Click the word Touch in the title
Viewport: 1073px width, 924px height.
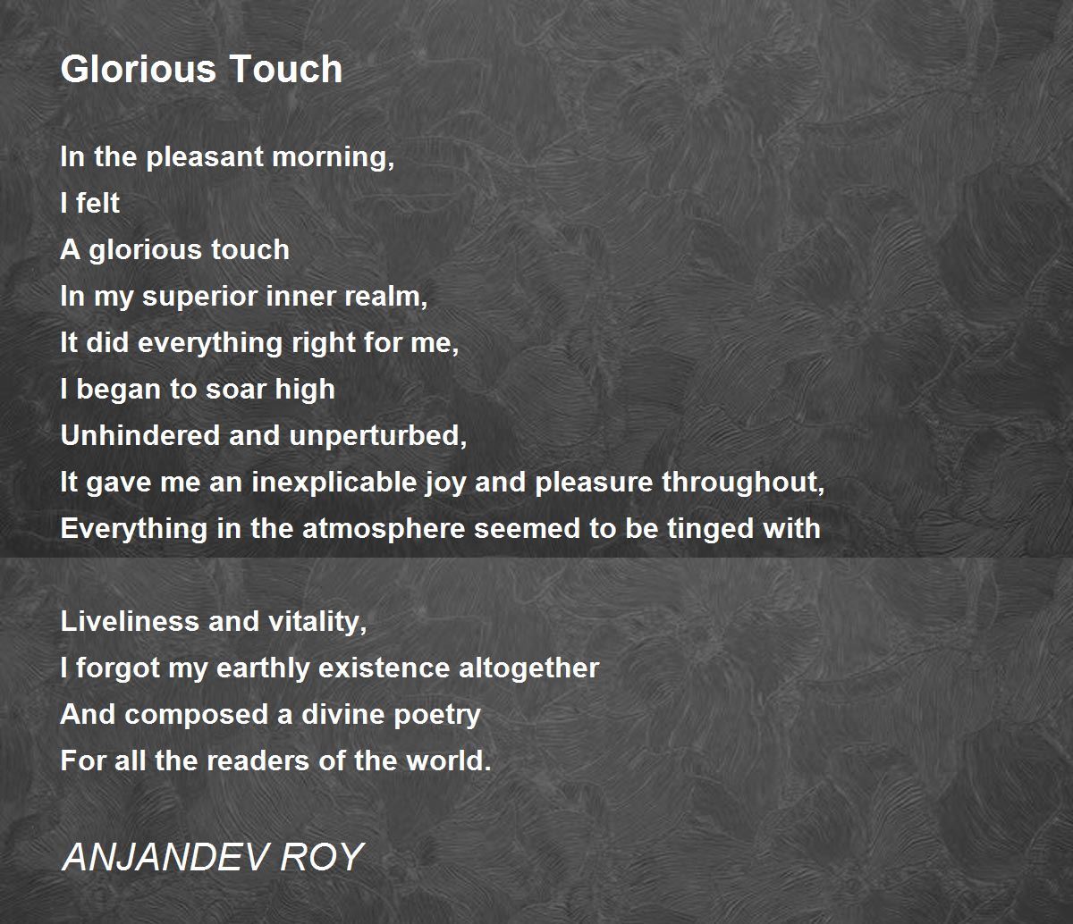click(x=285, y=69)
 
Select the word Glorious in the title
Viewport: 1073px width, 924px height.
click(x=138, y=69)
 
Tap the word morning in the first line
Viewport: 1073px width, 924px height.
click(x=333, y=157)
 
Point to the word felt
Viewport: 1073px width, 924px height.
click(x=97, y=202)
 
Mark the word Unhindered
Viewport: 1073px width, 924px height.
click(x=140, y=435)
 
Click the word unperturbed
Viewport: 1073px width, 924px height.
click(x=378, y=436)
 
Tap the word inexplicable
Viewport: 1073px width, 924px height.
click(x=334, y=483)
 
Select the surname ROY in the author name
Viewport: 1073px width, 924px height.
click(x=322, y=857)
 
